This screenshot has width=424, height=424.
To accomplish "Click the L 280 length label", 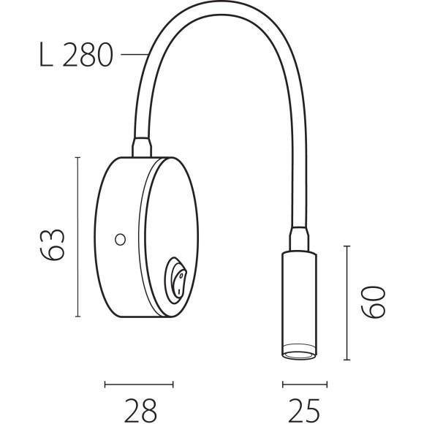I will click(75, 55).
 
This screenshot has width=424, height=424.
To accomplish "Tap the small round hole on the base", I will click(120, 238).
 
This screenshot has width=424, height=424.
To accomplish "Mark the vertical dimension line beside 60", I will click(347, 303).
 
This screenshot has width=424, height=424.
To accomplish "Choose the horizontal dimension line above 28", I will click(139, 383).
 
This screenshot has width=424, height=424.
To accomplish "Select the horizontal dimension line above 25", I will click(304, 383).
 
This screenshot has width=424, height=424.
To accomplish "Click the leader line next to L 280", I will click(135, 54).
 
